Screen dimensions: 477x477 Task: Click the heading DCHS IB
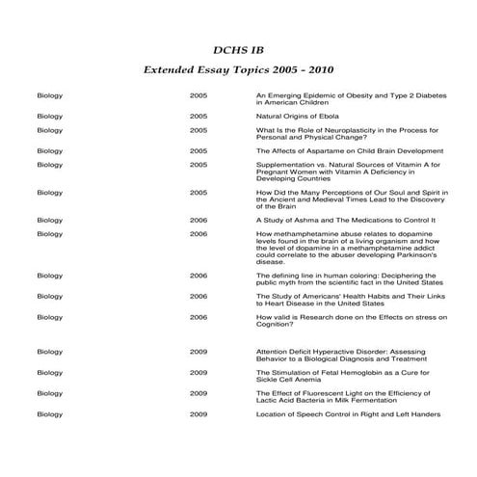238,49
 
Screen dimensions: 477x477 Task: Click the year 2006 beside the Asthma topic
199,220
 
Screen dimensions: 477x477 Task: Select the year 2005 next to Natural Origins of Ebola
199,116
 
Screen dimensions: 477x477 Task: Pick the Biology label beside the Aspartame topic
50,151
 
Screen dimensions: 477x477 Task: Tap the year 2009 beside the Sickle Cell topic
199,372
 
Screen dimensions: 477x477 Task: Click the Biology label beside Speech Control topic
50,414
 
